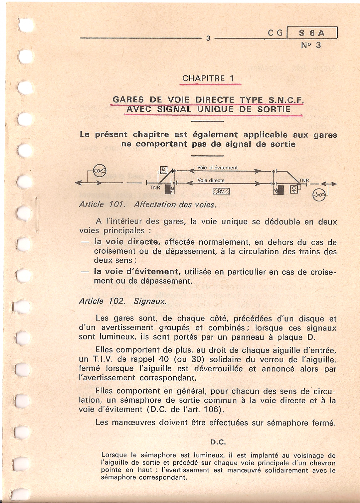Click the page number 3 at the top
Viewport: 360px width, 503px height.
coord(208,38)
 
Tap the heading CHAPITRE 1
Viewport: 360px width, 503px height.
coord(208,79)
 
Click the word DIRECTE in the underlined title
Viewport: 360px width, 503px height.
coord(215,100)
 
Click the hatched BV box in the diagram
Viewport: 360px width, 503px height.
coord(221,191)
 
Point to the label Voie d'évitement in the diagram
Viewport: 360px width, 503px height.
coord(217,168)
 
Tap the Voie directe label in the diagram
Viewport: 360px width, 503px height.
coord(211,180)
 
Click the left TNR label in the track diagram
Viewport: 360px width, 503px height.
coord(155,187)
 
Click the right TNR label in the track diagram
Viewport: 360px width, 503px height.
coord(304,180)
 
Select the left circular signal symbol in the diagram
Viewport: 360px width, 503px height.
coord(100,171)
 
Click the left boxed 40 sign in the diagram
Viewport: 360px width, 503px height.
coord(163,170)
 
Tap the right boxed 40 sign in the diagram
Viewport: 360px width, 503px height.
coord(294,189)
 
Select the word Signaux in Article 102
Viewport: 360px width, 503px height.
coord(150,301)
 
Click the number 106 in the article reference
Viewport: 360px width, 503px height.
coord(212,409)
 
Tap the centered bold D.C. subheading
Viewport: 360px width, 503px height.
coord(218,442)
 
